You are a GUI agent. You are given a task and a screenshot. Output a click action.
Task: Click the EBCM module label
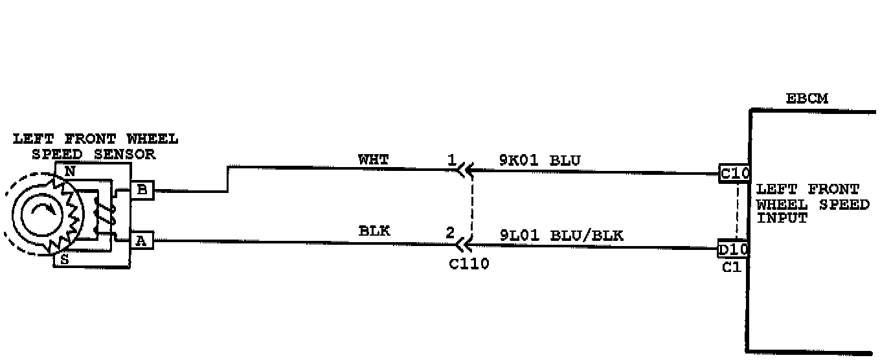click(806, 99)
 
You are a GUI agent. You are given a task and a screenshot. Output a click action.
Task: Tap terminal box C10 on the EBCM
click(735, 174)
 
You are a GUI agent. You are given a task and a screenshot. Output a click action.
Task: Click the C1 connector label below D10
click(731, 267)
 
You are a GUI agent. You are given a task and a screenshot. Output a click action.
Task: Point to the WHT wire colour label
click(373, 159)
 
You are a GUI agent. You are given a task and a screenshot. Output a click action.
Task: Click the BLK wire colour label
click(374, 231)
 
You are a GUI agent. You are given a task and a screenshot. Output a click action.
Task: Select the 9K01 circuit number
click(520, 160)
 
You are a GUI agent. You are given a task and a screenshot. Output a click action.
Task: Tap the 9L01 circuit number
click(520, 236)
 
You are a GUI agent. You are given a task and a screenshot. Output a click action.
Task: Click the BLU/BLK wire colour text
click(587, 236)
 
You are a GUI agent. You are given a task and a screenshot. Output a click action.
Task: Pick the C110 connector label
click(469, 264)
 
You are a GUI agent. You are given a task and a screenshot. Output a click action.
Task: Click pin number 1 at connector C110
click(451, 159)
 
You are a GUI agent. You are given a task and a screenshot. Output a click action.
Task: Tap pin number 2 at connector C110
click(450, 232)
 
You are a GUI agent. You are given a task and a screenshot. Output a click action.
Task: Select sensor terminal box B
click(142, 190)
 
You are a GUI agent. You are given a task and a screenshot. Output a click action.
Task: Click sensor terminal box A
click(141, 241)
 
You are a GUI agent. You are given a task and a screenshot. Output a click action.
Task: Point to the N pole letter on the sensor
click(70, 172)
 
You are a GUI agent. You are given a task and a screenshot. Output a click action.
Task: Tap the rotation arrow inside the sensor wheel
click(40, 211)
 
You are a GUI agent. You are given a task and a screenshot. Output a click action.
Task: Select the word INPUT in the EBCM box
click(782, 218)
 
